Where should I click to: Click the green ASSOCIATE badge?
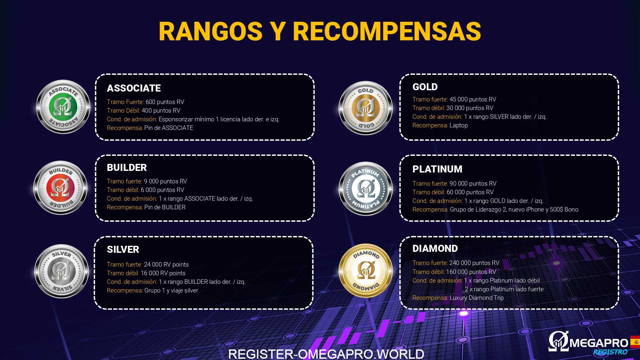tap(63, 107)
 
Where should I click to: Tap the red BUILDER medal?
tap(60, 188)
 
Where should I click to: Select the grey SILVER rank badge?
tap(61, 271)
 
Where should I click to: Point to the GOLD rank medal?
tap(365, 108)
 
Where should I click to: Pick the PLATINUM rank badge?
tap(365, 189)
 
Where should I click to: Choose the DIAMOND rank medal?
tap(366, 270)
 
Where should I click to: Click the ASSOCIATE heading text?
tap(134, 88)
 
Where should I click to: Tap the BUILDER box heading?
tap(127, 167)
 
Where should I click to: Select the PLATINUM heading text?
tap(437, 169)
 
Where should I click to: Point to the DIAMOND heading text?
tap(435, 248)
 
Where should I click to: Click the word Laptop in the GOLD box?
tap(459, 125)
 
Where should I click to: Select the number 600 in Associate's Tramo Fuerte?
tap(150, 102)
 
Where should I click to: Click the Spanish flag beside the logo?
tap(635, 342)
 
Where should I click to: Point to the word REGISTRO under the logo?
tap(610, 352)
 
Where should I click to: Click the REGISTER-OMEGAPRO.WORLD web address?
tap(326, 354)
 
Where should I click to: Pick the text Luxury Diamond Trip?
tap(476, 298)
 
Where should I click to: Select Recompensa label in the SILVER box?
tap(124, 291)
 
